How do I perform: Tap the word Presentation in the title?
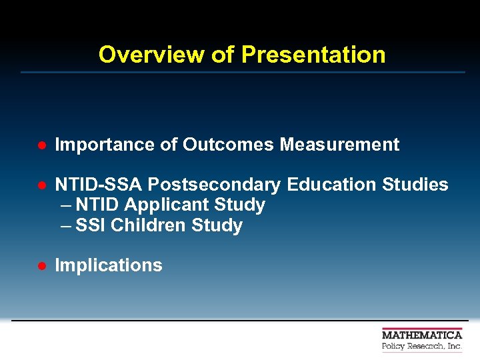(313, 55)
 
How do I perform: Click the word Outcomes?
(229, 145)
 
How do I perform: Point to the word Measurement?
(339, 145)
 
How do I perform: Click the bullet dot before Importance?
(41, 145)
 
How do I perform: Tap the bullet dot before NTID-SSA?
(41, 185)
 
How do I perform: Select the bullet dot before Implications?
(41, 266)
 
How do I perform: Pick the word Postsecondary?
(214, 185)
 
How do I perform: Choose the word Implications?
(109, 265)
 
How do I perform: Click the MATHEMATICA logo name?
(422, 335)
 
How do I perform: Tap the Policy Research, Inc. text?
(422, 347)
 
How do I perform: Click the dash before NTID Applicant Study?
(65, 205)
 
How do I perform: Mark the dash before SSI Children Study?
(65, 226)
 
